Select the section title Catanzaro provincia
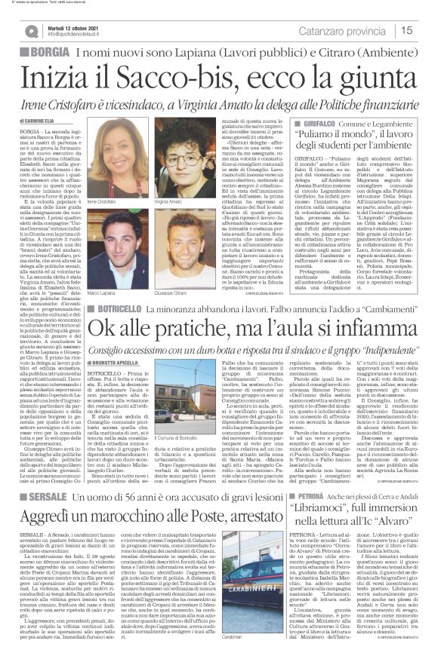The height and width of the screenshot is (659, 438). click(349, 30)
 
